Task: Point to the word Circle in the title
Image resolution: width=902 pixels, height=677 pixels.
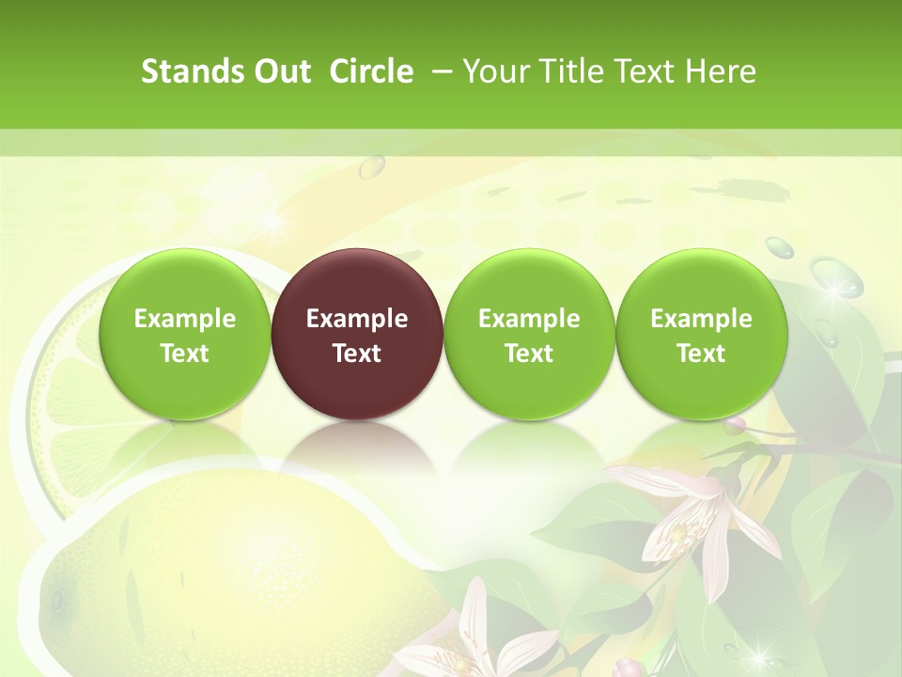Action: tap(371, 71)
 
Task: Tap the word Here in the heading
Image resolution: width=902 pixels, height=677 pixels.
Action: tap(721, 71)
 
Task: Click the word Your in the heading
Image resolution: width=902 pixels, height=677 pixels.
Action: tap(495, 71)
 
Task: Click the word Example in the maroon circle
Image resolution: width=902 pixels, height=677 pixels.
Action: tap(357, 319)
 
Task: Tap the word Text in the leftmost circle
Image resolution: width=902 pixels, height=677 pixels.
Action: tap(185, 354)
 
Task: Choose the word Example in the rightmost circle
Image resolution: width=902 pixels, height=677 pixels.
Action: tap(701, 319)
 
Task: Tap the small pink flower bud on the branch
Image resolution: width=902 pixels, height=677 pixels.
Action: tap(735, 425)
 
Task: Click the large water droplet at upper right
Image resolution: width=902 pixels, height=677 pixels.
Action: tap(836, 277)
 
